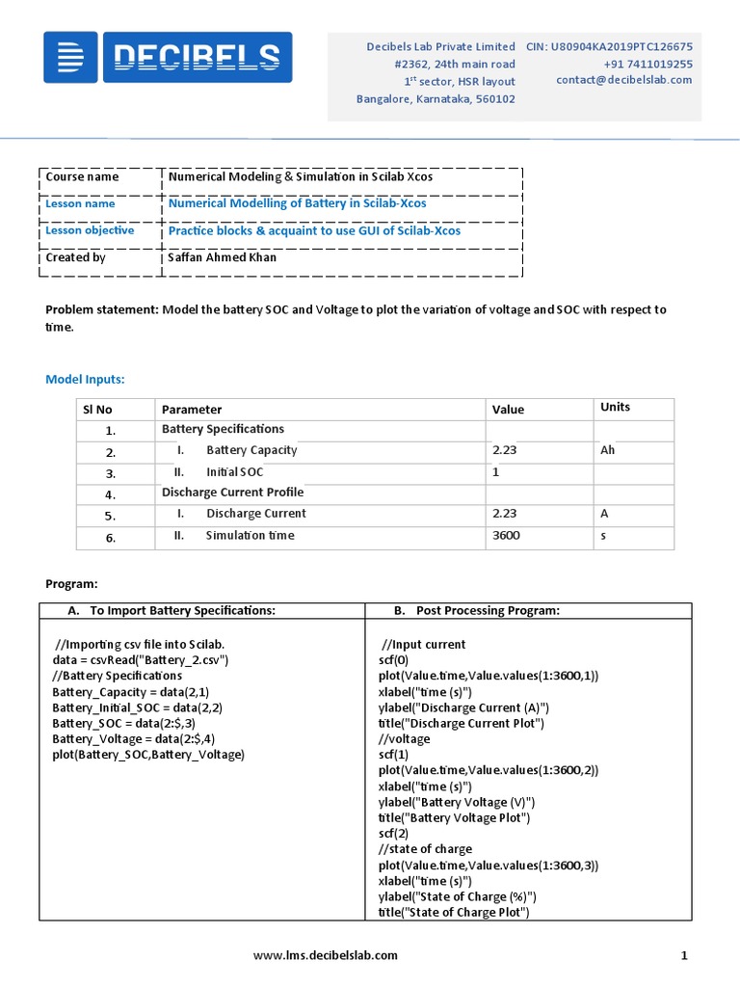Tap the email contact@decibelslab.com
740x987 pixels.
pyautogui.click(x=623, y=80)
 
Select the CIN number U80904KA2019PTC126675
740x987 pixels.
pyautogui.click(x=609, y=46)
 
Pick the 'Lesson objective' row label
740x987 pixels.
pyautogui.click(x=90, y=230)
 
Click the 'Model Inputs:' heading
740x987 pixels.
pyautogui.click(x=86, y=380)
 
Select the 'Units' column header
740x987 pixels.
pyautogui.click(x=615, y=407)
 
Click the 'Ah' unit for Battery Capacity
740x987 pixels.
pyautogui.click(x=608, y=450)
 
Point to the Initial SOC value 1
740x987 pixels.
pyautogui.click(x=495, y=472)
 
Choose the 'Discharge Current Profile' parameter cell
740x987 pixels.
pyautogui.click(x=232, y=493)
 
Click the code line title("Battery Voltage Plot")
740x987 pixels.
pyautogui.click(x=455, y=817)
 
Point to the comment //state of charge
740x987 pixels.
pyautogui.click(x=426, y=849)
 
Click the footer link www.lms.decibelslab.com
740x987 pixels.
pyautogui.click(x=326, y=955)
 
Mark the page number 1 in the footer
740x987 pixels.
pyautogui.click(x=684, y=955)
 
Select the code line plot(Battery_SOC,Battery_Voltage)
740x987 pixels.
pyautogui.click(x=148, y=754)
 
